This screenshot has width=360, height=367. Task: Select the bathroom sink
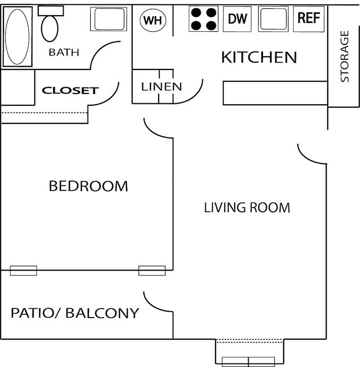click(107, 19)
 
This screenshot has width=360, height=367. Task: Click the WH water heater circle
click(153, 21)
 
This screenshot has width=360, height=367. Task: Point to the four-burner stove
click(204, 19)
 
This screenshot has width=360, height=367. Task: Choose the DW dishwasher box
click(238, 19)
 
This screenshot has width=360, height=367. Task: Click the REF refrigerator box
click(309, 19)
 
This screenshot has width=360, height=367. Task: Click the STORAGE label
click(345, 56)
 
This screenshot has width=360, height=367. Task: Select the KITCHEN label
click(259, 57)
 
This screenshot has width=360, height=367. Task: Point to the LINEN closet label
click(162, 87)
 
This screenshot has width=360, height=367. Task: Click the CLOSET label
click(71, 91)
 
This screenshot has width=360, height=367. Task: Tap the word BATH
click(64, 52)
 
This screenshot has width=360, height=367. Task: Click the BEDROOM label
click(89, 186)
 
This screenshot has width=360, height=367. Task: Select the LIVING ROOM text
click(247, 207)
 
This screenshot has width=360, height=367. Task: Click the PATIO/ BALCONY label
click(75, 313)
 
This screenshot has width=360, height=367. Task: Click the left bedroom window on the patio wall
click(24, 270)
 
